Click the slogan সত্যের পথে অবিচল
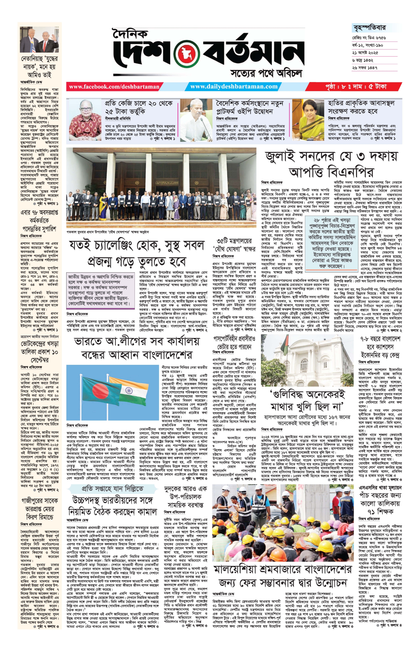click(x=266, y=73)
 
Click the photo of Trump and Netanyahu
click(x=39, y=39)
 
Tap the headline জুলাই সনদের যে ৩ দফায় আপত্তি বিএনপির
click(x=331, y=164)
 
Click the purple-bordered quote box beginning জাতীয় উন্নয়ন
click(x=101, y=290)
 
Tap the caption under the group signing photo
click(x=108, y=232)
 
